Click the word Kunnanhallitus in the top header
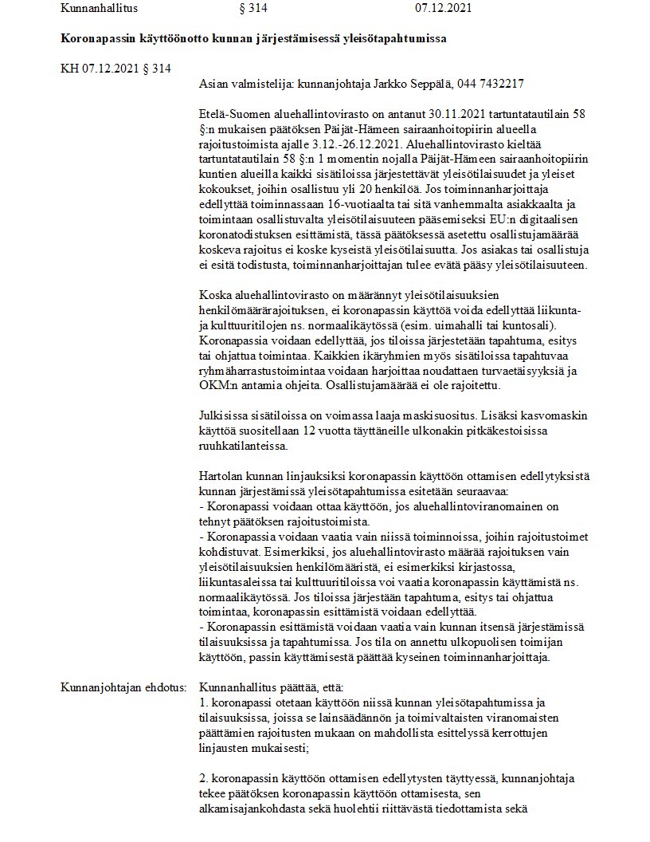[x=99, y=9]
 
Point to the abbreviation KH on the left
[x=70, y=68]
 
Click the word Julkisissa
[x=225, y=415]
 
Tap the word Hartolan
[x=221, y=476]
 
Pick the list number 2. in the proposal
[x=204, y=777]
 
